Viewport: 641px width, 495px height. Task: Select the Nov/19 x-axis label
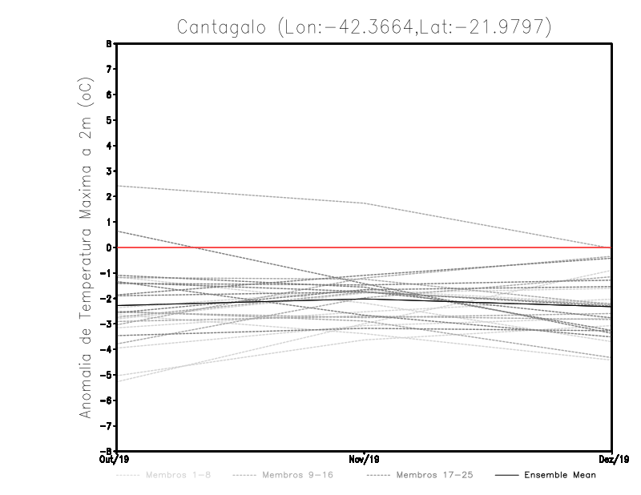click(365, 460)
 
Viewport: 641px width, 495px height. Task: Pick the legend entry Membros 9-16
click(297, 476)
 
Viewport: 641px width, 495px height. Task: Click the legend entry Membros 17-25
click(434, 476)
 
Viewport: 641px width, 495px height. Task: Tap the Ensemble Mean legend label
click(561, 476)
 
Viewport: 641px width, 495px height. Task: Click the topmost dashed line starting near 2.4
click(240, 195)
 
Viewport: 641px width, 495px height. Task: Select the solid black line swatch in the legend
click(506, 476)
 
